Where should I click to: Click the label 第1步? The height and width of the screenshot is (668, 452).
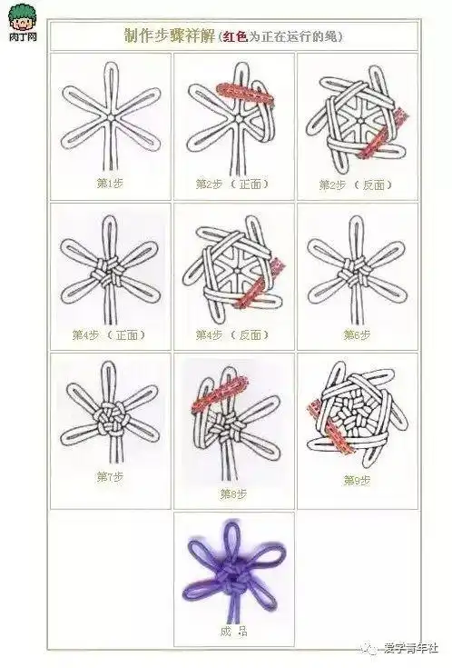109,183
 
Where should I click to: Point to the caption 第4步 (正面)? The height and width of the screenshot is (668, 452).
109,334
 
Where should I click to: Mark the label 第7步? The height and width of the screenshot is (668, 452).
109,475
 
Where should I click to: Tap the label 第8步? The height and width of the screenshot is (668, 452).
232,494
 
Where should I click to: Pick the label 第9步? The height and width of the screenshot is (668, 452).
355,481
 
